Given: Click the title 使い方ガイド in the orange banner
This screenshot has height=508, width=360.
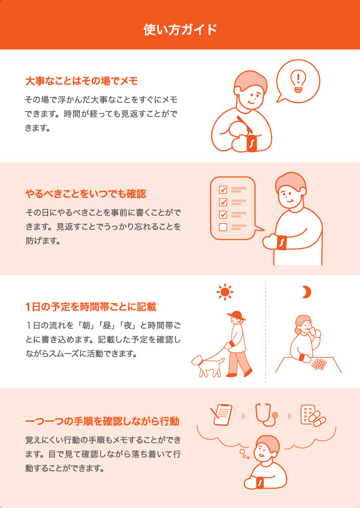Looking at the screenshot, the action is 180,30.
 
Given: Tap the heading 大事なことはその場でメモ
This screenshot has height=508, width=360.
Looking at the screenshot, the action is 82,81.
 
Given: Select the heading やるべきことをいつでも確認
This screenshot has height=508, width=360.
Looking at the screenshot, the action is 85,194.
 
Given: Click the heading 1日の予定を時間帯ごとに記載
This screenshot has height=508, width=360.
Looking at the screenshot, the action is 91,307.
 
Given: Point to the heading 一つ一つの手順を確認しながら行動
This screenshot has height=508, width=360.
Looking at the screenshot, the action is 102,422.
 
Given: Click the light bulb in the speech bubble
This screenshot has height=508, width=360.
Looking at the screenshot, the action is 297,81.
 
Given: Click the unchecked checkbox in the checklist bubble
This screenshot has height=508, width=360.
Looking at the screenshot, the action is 223,227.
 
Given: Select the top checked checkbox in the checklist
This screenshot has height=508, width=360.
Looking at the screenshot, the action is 223,189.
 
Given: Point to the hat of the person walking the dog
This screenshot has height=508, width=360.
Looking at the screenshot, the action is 236,315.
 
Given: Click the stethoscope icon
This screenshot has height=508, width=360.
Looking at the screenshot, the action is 266,414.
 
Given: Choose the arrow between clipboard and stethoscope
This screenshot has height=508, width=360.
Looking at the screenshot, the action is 244,416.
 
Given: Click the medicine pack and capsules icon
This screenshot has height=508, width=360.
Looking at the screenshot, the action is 313,416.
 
